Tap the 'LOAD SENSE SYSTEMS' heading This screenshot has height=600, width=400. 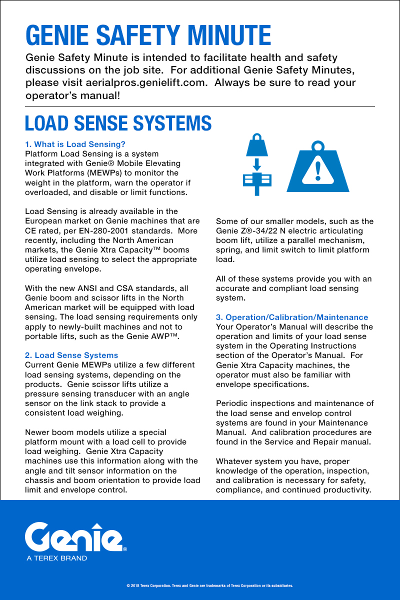[x=118, y=123]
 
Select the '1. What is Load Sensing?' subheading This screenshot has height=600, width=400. [x=75, y=144]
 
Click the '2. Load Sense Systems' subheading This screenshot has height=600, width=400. [x=71, y=355]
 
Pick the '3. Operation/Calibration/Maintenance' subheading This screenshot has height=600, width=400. [x=292, y=317]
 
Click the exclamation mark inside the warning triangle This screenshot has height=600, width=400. [x=318, y=171]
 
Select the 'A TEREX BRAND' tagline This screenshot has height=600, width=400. [x=57, y=558]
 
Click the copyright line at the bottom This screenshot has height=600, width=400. [x=209, y=585]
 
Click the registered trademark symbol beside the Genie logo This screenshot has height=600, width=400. [x=125, y=548]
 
